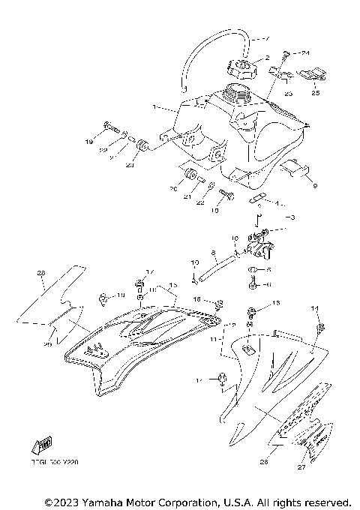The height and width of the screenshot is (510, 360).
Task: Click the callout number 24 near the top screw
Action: [304, 53]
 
